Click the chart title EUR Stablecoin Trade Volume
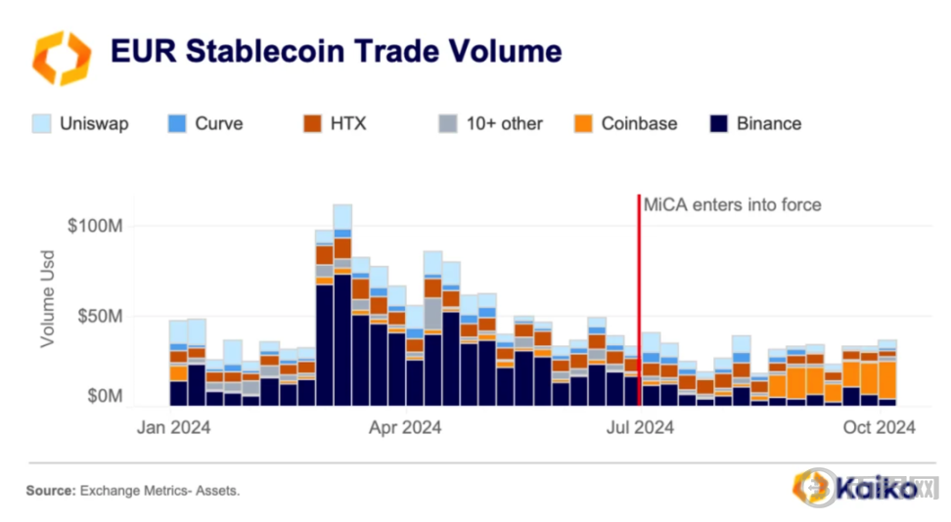click(x=336, y=50)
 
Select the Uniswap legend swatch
click(x=42, y=124)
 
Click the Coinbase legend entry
click(x=639, y=124)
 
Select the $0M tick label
click(x=102, y=397)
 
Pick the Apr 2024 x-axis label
click(x=405, y=427)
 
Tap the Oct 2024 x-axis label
click(x=879, y=427)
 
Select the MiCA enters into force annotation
click(x=732, y=205)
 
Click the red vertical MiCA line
click(x=639, y=293)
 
